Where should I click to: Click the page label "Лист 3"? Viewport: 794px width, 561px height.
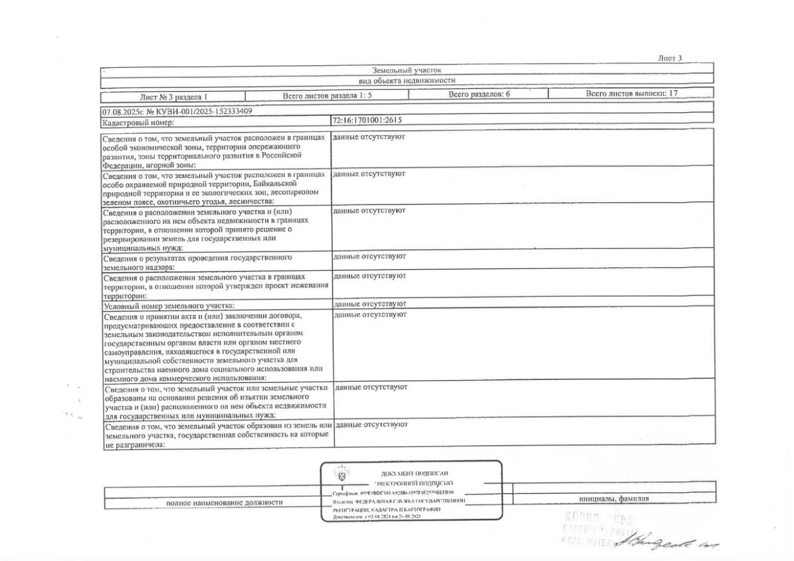(670, 58)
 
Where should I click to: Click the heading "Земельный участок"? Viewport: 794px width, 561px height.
(407, 70)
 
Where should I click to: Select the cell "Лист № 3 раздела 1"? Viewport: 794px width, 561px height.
(173, 97)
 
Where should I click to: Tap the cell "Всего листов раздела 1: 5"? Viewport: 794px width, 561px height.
(327, 95)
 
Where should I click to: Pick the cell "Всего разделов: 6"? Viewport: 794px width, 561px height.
(478, 94)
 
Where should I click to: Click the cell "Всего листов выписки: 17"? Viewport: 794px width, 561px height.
(631, 94)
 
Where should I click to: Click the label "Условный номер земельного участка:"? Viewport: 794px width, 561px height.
(169, 306)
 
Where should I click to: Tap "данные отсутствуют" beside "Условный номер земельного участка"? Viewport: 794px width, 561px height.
(370, 304)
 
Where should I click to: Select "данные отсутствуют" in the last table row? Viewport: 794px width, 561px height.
(371, 425)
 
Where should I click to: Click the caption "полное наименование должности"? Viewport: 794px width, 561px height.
(225, 503)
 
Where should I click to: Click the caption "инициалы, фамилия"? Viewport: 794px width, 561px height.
(614, 498)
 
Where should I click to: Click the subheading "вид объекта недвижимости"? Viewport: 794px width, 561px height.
(407, 81)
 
